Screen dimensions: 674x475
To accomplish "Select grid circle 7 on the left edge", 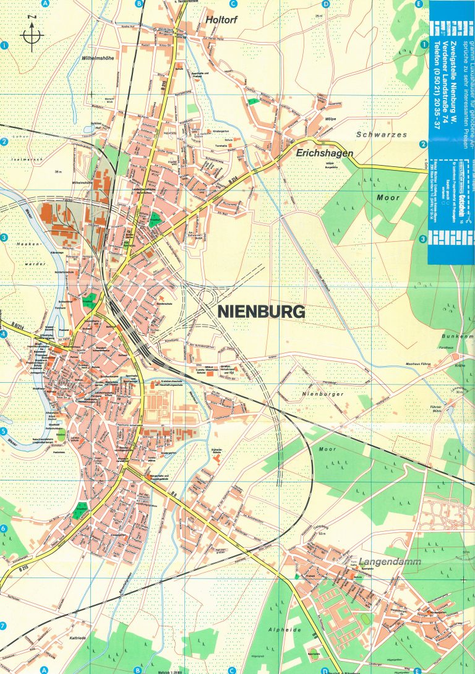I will pos(3,626).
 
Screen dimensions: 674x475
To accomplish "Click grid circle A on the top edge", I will pos(45,4).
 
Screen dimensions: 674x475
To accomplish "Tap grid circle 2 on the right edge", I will pos(424,145).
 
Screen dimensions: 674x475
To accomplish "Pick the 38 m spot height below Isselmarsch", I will pos(59,171).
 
